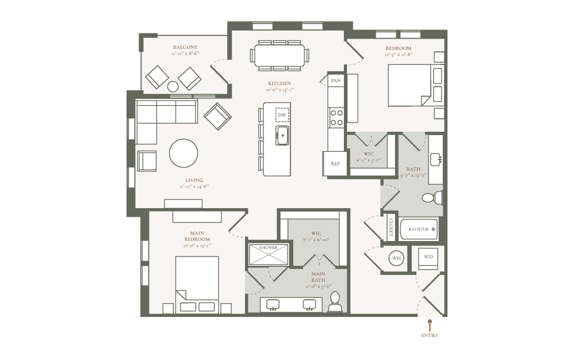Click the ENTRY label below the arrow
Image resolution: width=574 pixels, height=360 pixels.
point(429,335)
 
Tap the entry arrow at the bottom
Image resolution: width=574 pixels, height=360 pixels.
point(429,325)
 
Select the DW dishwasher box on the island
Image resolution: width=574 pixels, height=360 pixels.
point(282,116)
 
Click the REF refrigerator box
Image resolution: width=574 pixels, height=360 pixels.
point(335,164)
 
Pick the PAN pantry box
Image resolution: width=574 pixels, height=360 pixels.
point(336,81)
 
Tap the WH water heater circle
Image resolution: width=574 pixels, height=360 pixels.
point(396,258)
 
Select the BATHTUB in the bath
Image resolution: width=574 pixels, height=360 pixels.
point(419,229)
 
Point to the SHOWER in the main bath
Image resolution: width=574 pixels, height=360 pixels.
point(268,254)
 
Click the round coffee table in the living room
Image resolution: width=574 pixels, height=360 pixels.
point(183,153)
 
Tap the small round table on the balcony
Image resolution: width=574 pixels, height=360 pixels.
point(173,87)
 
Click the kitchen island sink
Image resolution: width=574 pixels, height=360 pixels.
point(282,136)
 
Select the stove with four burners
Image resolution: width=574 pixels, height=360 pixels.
point(336,118)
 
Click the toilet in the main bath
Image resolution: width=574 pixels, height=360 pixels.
point(335,302)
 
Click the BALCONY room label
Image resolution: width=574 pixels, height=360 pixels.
point(185,47)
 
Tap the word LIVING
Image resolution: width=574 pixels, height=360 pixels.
point(193,180)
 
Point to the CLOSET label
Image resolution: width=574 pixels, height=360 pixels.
point(391,228)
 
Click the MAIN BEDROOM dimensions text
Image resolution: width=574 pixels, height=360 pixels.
point(197,246)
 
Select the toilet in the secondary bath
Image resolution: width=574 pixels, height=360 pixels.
point(431,198)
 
